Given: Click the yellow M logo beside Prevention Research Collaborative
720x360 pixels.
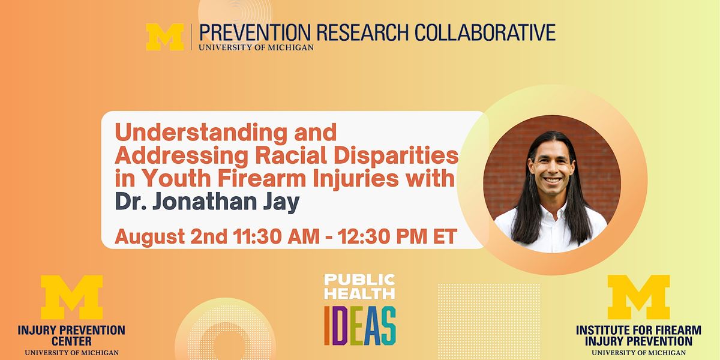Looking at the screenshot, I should [165, 37].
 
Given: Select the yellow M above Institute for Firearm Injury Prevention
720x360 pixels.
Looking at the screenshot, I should [638, 298].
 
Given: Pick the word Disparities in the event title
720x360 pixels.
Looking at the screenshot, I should [398, 155].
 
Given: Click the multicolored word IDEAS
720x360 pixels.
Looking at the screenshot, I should [360, 326].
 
